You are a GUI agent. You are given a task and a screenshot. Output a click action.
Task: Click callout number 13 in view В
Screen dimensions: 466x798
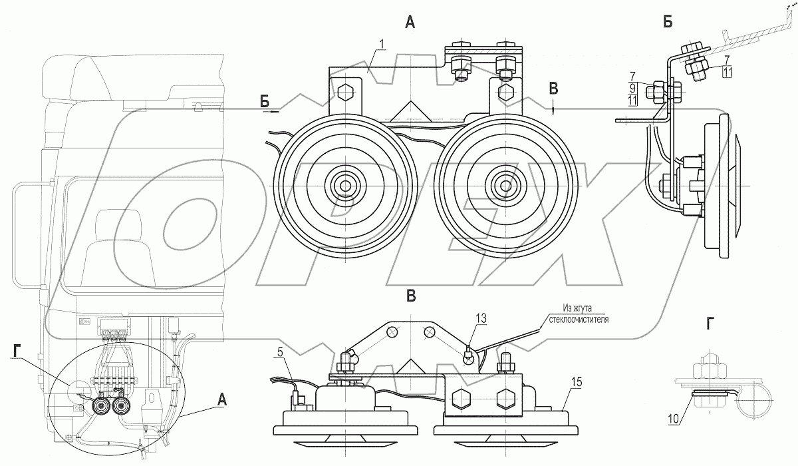click(x=480, y=320)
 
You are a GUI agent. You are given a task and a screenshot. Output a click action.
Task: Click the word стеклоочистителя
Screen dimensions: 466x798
click(x=576, y=319)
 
